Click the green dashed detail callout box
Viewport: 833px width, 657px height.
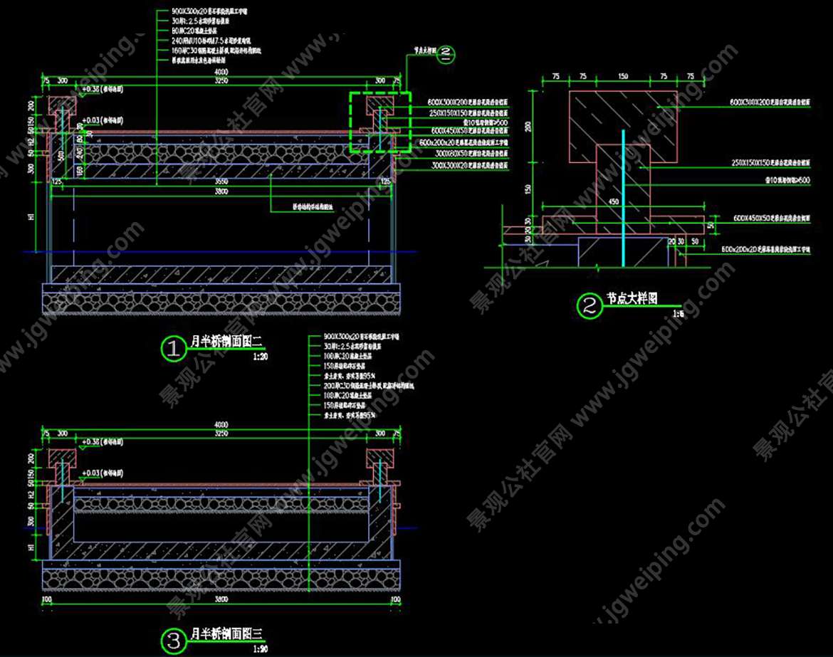point(380,122)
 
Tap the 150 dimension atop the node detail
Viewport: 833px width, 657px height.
point(623,76)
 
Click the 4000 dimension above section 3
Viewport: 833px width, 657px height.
point(221,426)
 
